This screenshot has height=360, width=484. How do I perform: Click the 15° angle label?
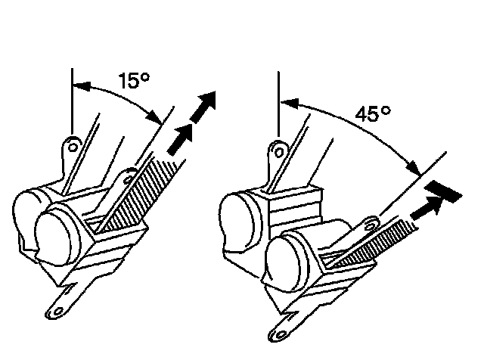pos(133,80)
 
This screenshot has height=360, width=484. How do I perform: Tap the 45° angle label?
pos(374,114)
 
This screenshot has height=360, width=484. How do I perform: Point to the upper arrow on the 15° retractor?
pos(203,107)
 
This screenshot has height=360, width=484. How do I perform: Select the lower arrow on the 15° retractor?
pos(178,141)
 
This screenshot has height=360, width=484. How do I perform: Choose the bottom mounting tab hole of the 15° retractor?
pos(55,309)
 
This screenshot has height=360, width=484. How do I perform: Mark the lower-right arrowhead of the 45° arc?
pos(412,166)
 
